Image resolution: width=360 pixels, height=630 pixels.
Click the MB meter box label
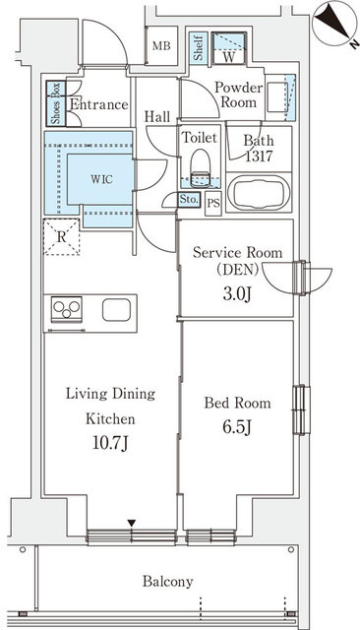(161, 46)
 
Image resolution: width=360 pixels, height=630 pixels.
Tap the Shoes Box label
(56, 103)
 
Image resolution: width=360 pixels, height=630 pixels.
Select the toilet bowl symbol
(200, 168)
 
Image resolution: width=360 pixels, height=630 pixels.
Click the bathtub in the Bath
(258, 193)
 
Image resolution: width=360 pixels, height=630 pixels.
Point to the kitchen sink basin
(116, 310)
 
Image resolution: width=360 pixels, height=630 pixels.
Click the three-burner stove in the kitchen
(67, 309)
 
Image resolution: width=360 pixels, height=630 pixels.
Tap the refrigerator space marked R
(61, 236)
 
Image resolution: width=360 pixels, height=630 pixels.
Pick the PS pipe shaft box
(213, 204)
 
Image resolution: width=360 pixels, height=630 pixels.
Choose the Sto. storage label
(188, 199)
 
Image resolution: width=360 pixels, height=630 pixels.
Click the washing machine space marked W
(228, 48)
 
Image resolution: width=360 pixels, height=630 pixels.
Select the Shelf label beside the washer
(198, 48)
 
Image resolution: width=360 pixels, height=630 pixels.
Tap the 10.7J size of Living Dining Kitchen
(110, 444)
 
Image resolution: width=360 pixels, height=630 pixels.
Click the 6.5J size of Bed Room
(237, 427)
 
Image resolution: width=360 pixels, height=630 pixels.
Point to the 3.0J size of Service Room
(237, 294)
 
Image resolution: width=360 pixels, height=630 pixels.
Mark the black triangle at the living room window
(132, 523)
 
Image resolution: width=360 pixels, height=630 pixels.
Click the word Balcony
(168, 582)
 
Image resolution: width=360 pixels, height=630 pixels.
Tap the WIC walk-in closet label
(101, 179)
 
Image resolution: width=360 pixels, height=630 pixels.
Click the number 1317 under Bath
(259, 156)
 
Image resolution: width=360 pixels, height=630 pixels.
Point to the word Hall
(157, 117)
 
